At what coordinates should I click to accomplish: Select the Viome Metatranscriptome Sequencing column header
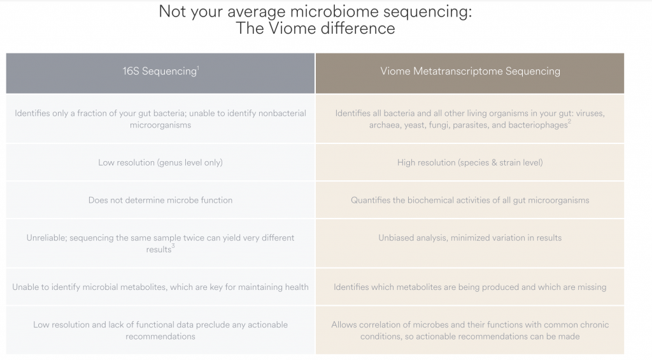(469, 71)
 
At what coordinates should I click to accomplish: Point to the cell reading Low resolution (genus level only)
(160, 162)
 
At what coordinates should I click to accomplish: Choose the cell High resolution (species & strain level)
(470, 162)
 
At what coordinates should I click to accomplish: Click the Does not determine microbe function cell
(160, 200)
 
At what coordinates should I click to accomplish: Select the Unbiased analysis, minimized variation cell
(470, 238)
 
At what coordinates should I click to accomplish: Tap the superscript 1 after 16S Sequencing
(198, 67)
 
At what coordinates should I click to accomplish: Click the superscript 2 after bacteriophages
(569, 122)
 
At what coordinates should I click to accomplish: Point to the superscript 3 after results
(173, 246)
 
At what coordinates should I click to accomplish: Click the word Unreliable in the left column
(46, 238)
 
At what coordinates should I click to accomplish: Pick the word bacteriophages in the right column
(537, 126)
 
